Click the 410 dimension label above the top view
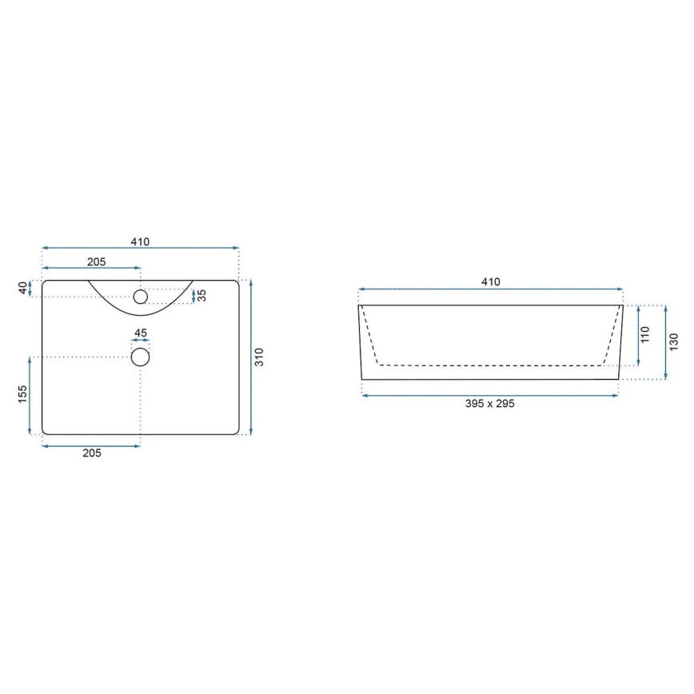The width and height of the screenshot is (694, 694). coord(140,241)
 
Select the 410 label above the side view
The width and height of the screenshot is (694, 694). coord(490,281)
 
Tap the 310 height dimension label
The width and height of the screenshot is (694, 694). coord(258,357)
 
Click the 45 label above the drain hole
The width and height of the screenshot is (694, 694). coord(140,333)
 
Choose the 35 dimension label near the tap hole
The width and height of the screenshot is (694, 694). coord(202,296)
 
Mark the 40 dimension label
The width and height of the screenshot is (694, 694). coord(22,288)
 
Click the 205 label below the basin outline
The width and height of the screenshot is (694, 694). coord(91,453)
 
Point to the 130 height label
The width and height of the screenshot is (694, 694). coord(673,341)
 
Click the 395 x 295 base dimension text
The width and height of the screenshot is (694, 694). coord(489,404)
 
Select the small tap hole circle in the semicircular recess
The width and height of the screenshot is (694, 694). coord(141,297)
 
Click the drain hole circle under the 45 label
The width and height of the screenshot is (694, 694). coord(140,357)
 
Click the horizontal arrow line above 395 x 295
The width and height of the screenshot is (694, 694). coord(489,394)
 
